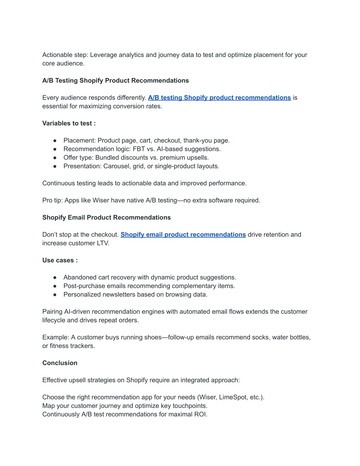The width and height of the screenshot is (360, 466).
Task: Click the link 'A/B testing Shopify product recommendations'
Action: (219, 98)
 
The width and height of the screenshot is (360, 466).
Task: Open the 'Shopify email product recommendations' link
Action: (183, 235)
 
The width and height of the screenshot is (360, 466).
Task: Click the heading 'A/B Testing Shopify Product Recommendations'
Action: (115, 81)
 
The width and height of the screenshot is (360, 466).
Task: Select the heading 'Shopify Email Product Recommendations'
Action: (107, 217)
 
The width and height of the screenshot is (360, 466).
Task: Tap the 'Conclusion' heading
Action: (60, 363)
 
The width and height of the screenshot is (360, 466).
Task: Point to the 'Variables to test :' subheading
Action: (69, 123)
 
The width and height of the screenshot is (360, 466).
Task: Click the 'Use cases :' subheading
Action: (60, 260)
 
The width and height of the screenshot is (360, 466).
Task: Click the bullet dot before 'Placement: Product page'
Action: (55, 141)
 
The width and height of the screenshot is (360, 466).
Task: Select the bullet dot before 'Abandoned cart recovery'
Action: (55, 277)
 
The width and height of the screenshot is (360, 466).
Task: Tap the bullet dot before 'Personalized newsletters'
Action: (55, 295)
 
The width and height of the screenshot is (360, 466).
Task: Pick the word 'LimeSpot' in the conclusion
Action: (233, 397)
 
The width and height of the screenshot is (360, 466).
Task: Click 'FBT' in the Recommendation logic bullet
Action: (139, 149)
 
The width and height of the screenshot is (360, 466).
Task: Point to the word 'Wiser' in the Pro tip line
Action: (101, 200)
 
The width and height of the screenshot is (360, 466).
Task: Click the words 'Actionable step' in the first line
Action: (65, 55)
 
